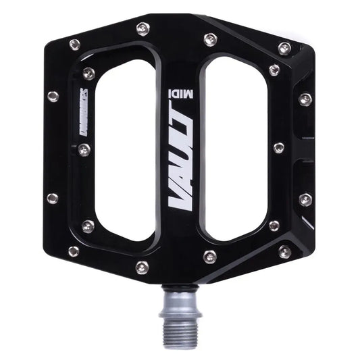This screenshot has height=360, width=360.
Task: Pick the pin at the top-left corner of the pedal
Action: click(x=75, y=45)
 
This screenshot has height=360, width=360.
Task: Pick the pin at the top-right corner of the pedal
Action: click(x=284, y=49)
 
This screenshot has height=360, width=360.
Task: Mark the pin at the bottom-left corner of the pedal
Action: click(x=74, y=251)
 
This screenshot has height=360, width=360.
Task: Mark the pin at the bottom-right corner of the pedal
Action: click(x=284, y=252)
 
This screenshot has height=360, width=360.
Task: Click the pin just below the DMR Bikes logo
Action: click(x=84, y=150)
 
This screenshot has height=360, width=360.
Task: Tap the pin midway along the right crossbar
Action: click(x=278, y=147)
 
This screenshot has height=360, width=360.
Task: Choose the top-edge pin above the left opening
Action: click(x=143, y=29)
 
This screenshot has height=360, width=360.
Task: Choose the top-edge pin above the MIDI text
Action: click(x=210, y=39)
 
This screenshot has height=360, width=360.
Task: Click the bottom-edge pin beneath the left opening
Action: click(x=141, y=267)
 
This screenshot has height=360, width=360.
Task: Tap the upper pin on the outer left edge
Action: click(x=53, y=97)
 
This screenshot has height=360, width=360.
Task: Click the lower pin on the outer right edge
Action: click(x=305, y=199)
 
